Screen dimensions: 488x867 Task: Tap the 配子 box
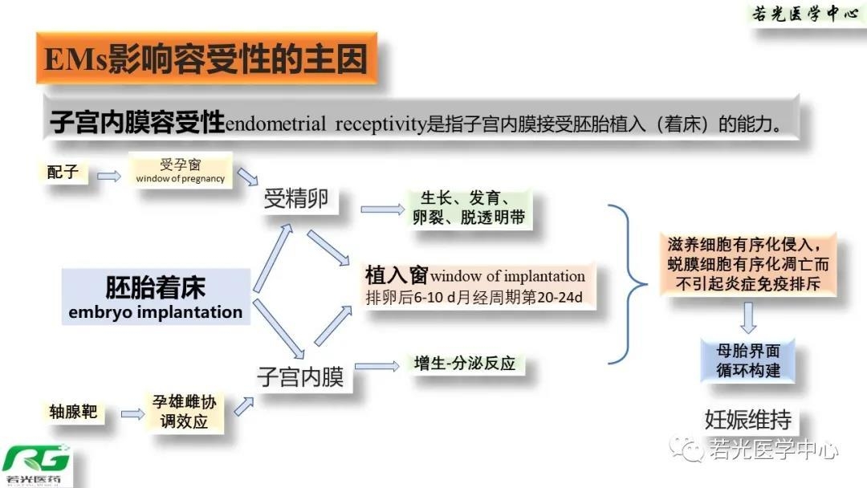coord(63,172)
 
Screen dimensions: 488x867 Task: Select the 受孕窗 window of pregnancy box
coord(181,170)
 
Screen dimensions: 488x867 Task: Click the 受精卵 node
coord(296,198)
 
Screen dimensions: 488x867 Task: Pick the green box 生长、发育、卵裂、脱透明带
coord(470,209)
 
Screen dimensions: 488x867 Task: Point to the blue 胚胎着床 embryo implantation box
coord(156,297)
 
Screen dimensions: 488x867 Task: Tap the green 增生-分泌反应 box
coord(465,364)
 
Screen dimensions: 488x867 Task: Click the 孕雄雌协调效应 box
coord(184,411)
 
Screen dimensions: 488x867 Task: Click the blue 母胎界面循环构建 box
coord(748,360)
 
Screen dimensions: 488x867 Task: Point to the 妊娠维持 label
coord(748,418)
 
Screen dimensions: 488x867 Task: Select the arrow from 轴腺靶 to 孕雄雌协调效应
coord(132,414)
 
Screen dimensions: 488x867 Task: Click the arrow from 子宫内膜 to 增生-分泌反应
coord(377,367)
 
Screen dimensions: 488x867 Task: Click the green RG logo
coord(36,462)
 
